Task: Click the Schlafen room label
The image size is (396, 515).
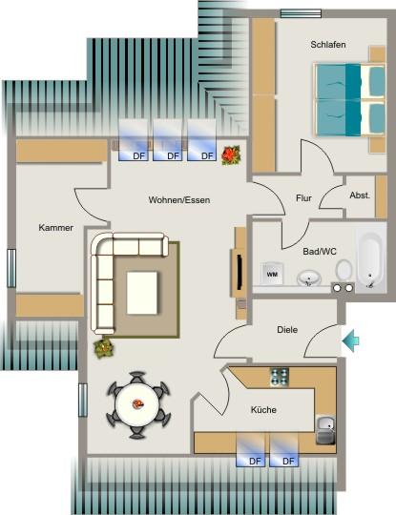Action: [x=327, y=45]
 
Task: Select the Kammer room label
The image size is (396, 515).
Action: [x=56, y=228]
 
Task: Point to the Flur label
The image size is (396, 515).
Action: [x=303, y=198]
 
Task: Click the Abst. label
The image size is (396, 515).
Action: [x=360, y=195]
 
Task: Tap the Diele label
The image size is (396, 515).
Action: [x=287, y=329]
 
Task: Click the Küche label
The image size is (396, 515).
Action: [x=263, y=408]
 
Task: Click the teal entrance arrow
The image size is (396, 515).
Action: [x=350, y=340]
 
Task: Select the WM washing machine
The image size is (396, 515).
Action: [x=272, y=274]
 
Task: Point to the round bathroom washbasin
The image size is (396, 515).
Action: [x=308, y=278]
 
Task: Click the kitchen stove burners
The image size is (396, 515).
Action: [x=280, y=376]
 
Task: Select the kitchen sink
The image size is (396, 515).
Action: [x=325, y=430]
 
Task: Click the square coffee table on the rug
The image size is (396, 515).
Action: [x=143, y=291]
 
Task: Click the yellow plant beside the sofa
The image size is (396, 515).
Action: [x=103, y=348]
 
